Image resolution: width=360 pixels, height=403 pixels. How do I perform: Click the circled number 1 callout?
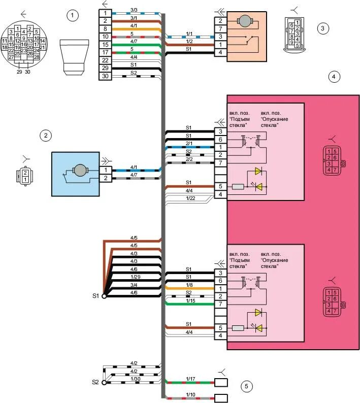[74, 15]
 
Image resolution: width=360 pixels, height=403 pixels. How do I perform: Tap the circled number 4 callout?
[334, 77]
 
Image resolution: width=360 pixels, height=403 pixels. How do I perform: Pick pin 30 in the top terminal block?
[105, 76]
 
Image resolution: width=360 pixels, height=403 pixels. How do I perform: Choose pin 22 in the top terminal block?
[105, 60]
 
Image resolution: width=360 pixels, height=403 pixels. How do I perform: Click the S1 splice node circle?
[104, 295]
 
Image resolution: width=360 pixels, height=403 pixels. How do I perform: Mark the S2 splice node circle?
[104, 383]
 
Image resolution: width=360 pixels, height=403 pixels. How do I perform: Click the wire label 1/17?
[190, 379]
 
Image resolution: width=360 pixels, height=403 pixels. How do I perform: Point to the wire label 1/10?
[190, 394]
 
